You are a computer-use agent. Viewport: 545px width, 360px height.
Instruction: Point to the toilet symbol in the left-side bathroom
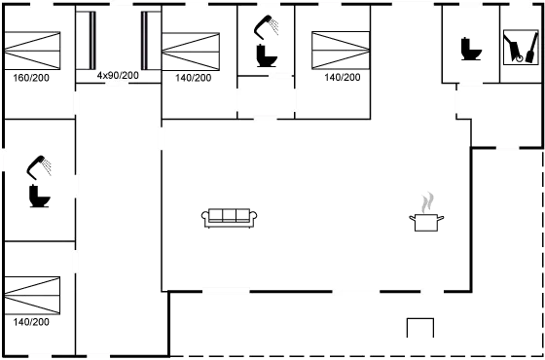38,184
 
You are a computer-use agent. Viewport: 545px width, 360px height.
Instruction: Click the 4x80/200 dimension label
118,74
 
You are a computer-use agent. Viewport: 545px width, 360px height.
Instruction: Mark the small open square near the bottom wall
418,328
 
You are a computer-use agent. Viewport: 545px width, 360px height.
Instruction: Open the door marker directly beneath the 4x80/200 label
117,84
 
